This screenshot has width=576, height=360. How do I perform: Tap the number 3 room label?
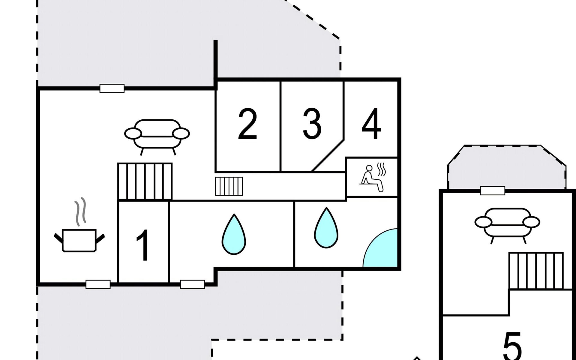point(312,124)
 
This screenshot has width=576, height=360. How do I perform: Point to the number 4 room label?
point(371,124)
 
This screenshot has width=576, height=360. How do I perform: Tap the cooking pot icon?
point(79,240)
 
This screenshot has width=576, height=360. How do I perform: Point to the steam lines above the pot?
point(80,211)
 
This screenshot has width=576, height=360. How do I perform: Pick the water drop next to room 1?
point(234,234)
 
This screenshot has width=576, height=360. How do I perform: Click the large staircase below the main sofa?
point(145,181)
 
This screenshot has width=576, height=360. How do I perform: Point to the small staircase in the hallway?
point(229,186)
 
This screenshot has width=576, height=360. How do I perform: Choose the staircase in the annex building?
point(536,271)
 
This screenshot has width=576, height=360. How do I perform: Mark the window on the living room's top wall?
point(112,88)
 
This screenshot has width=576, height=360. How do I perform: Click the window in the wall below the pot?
point(98,284)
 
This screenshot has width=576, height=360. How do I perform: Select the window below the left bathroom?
point(192,284)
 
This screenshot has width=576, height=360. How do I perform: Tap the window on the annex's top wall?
point(493,190)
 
